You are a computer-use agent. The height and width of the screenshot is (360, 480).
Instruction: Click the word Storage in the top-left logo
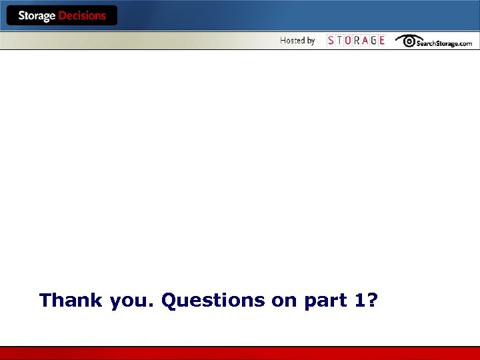37,16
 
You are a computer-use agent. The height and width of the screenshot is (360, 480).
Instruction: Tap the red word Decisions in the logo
82,16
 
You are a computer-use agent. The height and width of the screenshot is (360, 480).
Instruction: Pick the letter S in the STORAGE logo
331,41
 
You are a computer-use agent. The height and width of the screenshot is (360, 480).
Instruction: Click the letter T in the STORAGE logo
339,41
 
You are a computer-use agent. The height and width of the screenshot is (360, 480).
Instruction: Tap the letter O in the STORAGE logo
348,41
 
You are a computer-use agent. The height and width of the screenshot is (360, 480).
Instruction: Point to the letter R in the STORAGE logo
357,41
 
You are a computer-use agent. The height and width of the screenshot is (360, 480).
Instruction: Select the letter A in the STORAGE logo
365,41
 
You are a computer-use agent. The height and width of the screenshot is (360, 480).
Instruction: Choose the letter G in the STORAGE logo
373,41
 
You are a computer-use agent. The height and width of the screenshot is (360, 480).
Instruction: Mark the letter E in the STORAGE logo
382,41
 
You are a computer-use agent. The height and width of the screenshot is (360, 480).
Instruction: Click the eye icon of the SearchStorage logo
405,40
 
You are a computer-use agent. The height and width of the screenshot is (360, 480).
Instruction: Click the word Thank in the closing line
71,300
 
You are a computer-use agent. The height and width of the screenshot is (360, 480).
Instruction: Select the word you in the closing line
131,301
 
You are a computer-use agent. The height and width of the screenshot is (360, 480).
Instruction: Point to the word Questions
213,301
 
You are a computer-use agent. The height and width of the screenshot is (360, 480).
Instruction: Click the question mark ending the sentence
372,300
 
